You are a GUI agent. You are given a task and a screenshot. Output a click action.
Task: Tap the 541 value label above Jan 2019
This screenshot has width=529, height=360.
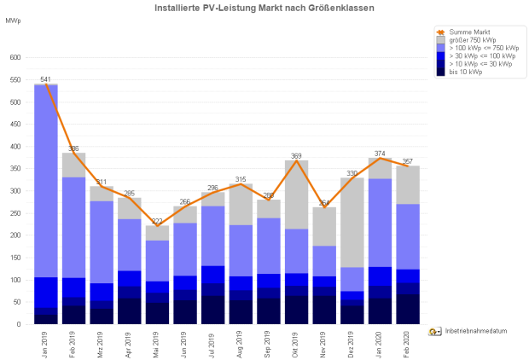click(x=45, y=79)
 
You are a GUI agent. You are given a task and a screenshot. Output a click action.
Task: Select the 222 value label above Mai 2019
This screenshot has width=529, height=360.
click(x=157, y=221)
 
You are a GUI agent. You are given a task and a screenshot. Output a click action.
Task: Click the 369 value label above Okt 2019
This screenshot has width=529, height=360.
click(x=296, y=156)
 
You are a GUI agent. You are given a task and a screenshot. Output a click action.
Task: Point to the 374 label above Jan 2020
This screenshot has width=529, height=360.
click(x=380, y=154)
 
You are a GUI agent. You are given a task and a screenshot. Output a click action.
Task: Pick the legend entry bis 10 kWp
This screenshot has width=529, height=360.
click(x=465, y=72)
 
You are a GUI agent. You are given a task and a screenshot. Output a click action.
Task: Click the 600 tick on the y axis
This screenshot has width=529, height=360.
click(x=15, y=58)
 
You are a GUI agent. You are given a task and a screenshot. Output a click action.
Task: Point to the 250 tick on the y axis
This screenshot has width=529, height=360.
click(x=15, y=213)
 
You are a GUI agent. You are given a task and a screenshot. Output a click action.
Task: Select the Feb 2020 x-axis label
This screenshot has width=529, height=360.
click(x=408, y=342)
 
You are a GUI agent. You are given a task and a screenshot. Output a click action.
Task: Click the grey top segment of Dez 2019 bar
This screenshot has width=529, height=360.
click(x=352, y=222)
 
